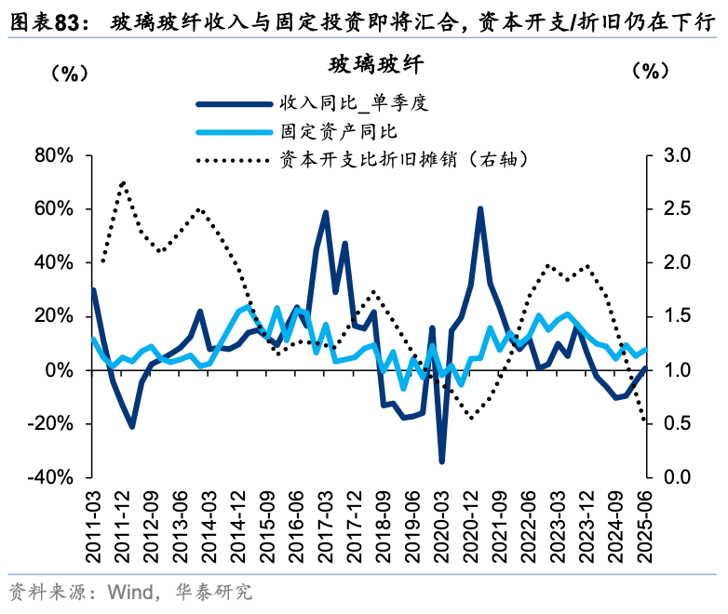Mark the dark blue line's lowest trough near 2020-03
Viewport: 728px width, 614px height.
pos(441,460)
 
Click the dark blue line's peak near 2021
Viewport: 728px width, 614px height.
pos(480,209)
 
